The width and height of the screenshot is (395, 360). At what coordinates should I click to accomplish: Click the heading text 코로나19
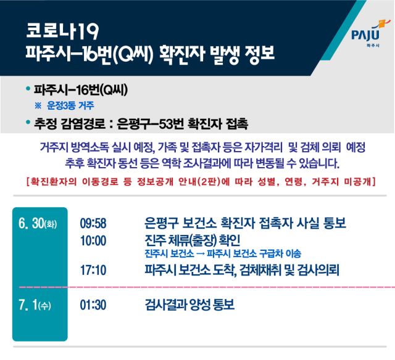[x=62, y=31]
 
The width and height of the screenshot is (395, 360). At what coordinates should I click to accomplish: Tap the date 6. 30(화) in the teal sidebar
[x=38, y=223]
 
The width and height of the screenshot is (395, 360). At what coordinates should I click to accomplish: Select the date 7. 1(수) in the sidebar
[x=35, y=305]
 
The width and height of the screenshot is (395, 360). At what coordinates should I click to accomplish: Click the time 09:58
[x=93, y=223]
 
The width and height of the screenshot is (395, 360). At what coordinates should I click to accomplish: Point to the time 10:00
[x=93, y=241]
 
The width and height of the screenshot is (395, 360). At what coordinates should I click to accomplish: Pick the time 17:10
[x=93, y=270]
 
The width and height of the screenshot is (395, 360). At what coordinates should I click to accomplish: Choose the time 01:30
[x=93, y=305]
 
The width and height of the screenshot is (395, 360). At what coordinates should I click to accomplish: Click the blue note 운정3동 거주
[x=70, y=105]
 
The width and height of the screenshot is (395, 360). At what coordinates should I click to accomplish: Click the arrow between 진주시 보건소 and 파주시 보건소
[x=201, y=254]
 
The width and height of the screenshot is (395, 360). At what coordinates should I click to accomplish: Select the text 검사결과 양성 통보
[x=189, y=305]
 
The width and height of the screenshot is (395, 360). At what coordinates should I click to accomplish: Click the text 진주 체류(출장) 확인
[x=192, y=240]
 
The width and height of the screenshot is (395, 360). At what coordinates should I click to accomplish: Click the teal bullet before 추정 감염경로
[x=28, y=122]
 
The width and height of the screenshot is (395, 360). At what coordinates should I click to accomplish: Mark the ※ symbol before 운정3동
[x=38, y=105]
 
